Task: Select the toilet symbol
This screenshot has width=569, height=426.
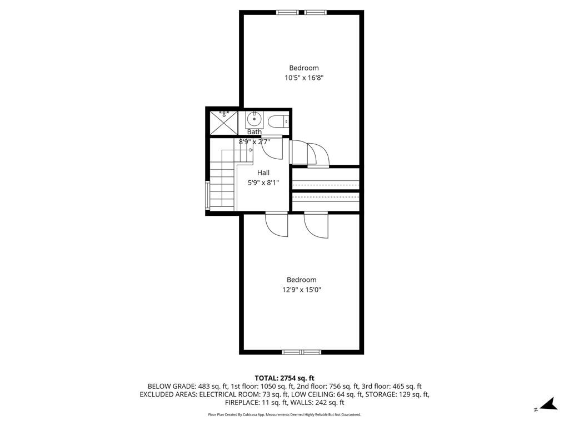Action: (277, 121)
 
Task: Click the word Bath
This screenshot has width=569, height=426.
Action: (254, 132)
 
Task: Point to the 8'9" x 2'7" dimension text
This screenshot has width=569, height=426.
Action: (254, 141)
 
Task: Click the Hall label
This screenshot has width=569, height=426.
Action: (263, 173)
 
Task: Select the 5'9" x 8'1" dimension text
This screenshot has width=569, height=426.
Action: (263, 182)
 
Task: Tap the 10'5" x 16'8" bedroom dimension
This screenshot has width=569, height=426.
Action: (303, 78)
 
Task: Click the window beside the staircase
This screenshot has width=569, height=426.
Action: (207, 194)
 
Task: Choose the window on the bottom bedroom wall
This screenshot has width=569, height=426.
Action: (302, 352)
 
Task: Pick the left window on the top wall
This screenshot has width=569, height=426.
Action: (287, 12)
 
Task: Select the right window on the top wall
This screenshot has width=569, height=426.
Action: (315, 12)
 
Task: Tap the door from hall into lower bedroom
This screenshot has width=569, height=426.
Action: (277, 225)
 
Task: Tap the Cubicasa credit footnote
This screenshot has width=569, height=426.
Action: (284, 414)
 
